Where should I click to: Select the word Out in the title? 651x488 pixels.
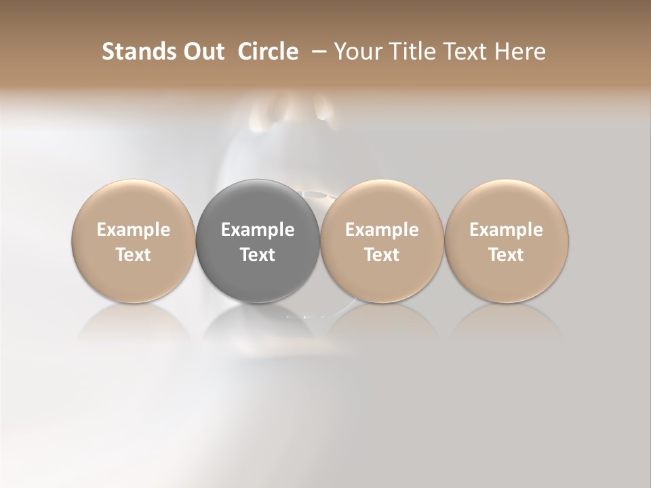pyautogui.click(x=202, y=52)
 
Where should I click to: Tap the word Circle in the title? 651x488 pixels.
pyautogui.click(x=268, y=52)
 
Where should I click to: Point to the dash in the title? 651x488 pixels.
pyautogui.click(x=317, y=52)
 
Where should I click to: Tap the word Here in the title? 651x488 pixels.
pyautogui.click(x=519, y=52)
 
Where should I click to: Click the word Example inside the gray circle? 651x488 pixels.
pyautogui.click(x=258, y=230)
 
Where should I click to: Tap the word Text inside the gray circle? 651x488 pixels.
pyautogui.click(x=258, y=255)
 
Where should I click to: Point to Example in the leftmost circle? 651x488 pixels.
pyautogui.click(x=134, y=230)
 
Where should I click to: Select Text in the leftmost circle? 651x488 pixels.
pyautogui.click(x=134, y=255)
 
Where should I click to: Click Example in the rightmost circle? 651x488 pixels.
pyautogui.click(x=507, y=230)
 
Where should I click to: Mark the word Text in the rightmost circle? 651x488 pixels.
pyautogui.click(x=507, y=255)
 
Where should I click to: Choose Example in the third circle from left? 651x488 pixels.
pyautogui.click(x=382, y=230)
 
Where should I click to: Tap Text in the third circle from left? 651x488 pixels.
pyautogui.click(x=382, y=255)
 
